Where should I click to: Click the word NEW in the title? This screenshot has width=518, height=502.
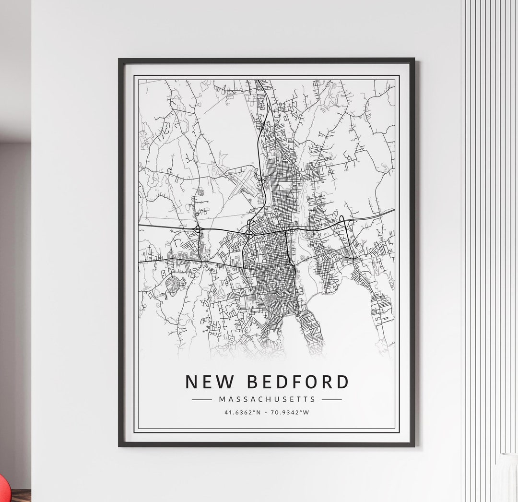click(x=207, y=382)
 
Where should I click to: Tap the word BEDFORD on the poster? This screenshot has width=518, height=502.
click(x=298, y=382)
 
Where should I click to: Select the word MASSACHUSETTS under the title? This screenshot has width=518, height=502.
click(x=267, y=399)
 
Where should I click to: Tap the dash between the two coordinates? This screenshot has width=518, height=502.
click(x=267, y=412)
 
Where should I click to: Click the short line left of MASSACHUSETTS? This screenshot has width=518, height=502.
click(x=201, y=399)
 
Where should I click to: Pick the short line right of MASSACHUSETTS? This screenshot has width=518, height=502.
click(x=332, y=399)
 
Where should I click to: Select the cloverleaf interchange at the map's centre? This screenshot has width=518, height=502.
click(x=249, y=234)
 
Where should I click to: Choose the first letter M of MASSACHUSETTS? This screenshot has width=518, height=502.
click(x=221, y=399)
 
